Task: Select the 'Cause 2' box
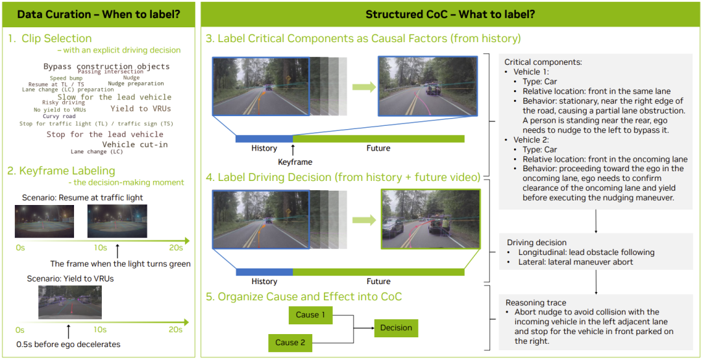point(289,342)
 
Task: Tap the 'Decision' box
point(396,328)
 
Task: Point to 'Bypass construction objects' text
point(106,67)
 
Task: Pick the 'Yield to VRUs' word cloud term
point(141,108)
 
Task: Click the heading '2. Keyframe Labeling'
point(61,171)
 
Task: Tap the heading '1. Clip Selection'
point(49,38)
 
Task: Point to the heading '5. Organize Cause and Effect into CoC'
point(303,296)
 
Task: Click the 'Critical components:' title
point(543,62)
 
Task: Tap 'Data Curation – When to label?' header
point(99,14)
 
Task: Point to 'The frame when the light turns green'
point(120,264)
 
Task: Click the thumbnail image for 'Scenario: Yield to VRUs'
point(69,302)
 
